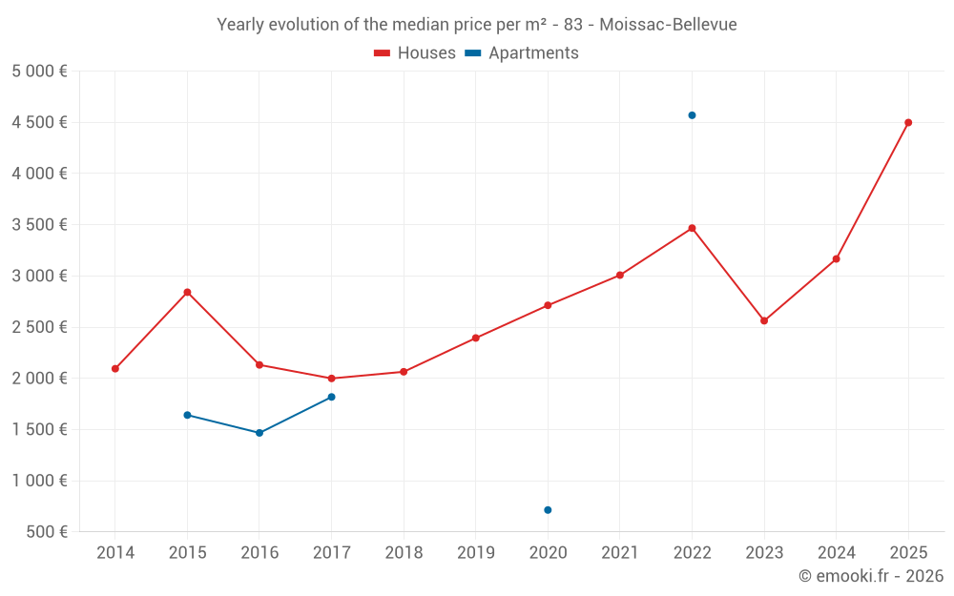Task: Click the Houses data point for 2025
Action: point(908,122)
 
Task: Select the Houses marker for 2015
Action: point(187,292)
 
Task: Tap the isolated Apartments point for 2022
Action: point(692,115)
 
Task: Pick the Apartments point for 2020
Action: point(548,510)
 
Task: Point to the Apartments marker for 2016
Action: point(259,433)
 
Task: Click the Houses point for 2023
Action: point(764,320)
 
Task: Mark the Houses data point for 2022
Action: point(692,228)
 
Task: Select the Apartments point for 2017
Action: point(331,397)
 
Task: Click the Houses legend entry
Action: point(415,53)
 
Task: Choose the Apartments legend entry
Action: point(522,53)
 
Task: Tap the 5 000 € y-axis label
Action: point(39,71)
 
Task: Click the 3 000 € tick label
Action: point(39,276)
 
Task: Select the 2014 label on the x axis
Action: point(115,553)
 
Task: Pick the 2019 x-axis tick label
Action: point(475,553)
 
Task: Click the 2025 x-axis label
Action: point(908,553)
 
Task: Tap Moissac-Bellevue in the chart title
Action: point(668,25)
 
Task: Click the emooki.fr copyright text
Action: point(871,576)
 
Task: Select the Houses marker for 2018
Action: point(404,372)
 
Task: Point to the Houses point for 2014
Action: point(115,368)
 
